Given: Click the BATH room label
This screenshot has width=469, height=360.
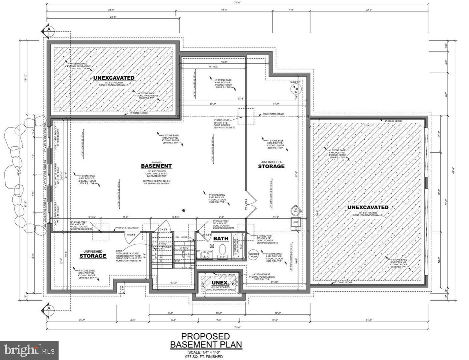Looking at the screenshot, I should tap(221, 238).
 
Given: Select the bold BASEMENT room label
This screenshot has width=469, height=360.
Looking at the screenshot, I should tap(156, 166).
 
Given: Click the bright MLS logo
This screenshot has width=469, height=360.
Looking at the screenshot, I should tap(29, 350).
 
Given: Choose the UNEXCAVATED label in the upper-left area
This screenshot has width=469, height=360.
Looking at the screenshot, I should tap(114, 78).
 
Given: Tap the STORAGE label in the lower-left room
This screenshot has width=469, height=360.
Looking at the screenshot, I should tap(93, 256).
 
